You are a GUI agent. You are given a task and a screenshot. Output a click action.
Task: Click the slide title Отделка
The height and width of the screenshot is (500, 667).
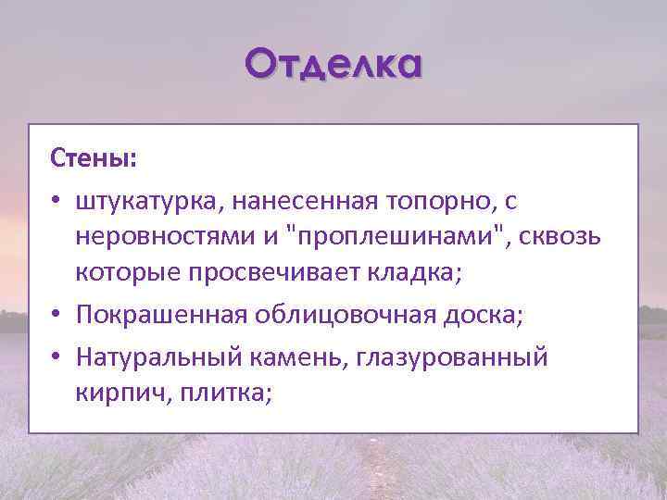point(333,65)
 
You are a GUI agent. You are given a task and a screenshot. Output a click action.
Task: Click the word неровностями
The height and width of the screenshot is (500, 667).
point(166,238)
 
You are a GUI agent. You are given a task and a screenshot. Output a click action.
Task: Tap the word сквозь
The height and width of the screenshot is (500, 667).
point(563,238)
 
